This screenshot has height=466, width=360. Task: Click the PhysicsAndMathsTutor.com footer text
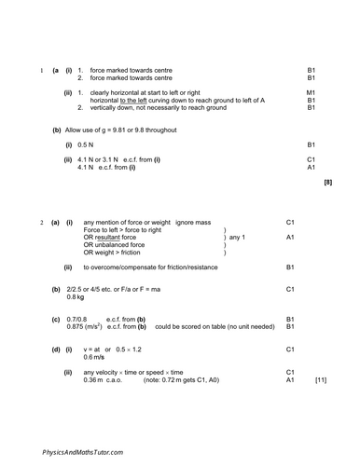pos(83,451)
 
